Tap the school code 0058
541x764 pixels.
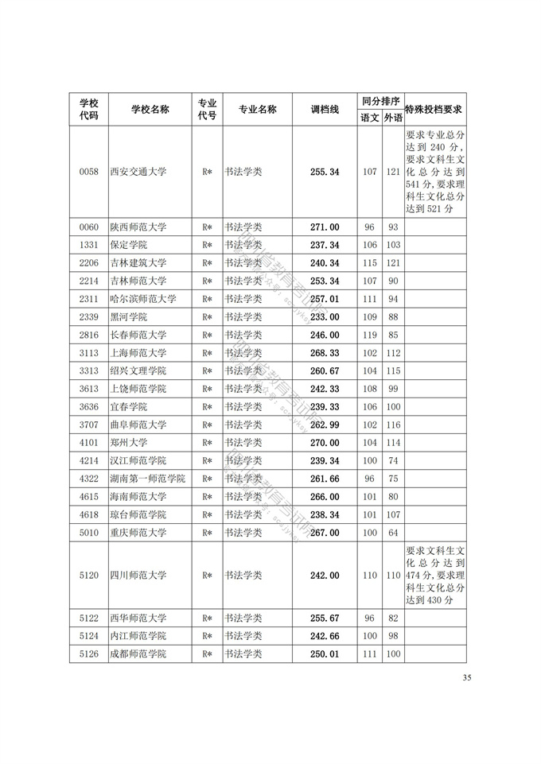(x=89, y=172)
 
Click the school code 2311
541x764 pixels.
(x=89, y=299)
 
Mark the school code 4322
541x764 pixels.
(x=89, y=478)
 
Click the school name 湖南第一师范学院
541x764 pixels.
(x=148, y=478)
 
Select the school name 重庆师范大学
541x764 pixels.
(x=138, y=532)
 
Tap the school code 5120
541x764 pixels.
(x=89, y=575)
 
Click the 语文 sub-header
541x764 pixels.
(x=370, y=118)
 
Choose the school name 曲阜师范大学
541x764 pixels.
(x=138, y=425)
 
